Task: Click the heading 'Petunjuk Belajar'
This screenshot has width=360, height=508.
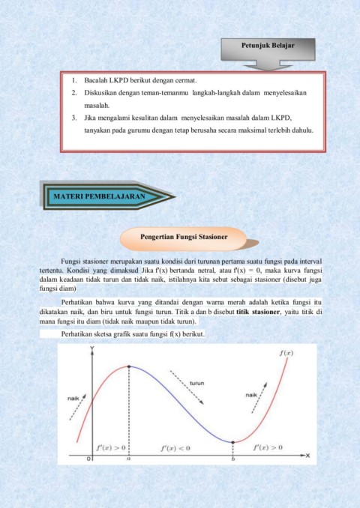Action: coord(267,46)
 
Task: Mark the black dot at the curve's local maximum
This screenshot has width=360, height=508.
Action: coord(129,366)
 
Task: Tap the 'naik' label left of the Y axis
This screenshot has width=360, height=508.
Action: coord(73,398)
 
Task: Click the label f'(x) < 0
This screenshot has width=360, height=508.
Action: coord(176,447)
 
